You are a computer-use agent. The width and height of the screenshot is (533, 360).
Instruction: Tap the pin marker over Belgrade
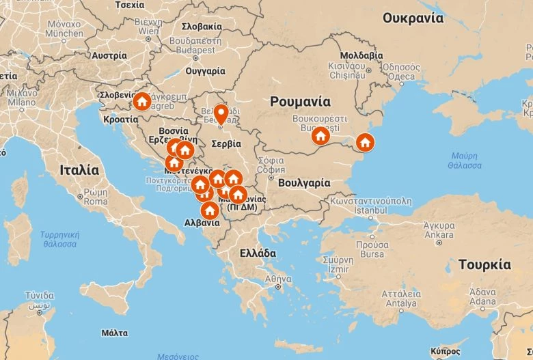221,113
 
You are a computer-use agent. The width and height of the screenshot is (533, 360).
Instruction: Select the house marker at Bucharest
320,136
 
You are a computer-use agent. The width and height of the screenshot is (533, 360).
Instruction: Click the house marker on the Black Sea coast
365,143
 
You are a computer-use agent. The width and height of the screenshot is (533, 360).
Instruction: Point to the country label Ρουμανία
300,102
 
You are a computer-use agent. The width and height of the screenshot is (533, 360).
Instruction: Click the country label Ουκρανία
413,18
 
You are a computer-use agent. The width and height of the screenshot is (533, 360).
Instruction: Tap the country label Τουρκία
484,264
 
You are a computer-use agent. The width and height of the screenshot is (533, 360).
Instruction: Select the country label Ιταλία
79,169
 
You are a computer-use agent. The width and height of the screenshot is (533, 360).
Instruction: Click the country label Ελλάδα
258,253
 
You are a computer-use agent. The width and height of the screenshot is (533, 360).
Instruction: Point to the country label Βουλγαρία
304,183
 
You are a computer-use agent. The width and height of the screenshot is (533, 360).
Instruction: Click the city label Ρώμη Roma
96,197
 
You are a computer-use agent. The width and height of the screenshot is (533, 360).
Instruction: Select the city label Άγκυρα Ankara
439,230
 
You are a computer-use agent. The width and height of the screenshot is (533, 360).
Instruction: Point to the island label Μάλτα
114,333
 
